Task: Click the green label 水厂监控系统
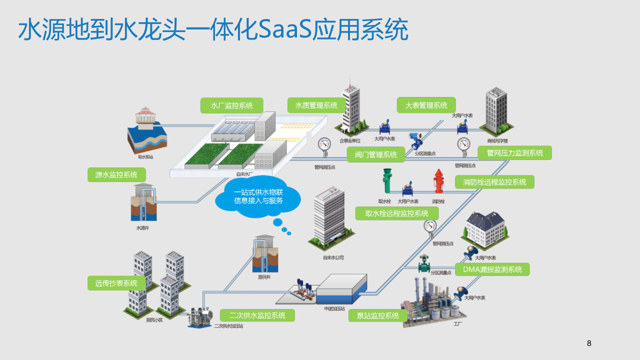coord(231,105)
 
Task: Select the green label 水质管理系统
coord(316,105)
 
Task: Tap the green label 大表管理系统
coord(426,105)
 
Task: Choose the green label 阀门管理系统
coord(375,154)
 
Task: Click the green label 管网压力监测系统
coord(514,152)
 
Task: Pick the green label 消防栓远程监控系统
coord(494,182)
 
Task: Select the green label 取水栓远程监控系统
coord(396,213)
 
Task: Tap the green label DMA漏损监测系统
coord(492,269)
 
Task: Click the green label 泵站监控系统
coord(377,315)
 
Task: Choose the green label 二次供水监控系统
coord(257,315)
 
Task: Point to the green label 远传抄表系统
coord(116,283)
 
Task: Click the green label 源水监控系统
coord(116,174)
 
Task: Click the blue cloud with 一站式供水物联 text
coord(258,197)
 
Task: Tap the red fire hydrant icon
coord(438,181)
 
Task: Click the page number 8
coord(588,343)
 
